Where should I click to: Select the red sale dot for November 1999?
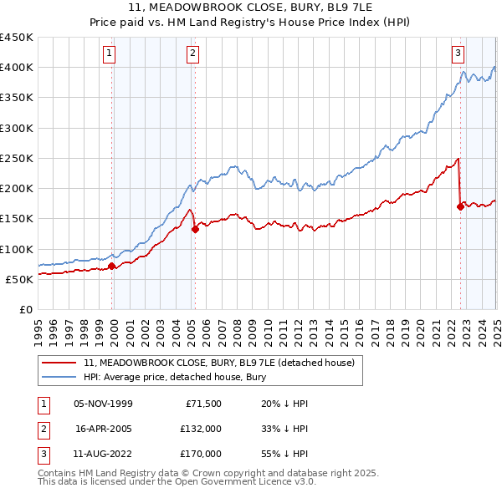pos(112,267)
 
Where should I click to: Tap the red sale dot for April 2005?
pos(195,229)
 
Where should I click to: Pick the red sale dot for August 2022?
pos(460,206)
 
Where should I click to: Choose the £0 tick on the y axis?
pos(25,309)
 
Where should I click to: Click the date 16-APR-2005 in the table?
pos(104,429)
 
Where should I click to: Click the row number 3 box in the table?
pos(41,454)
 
